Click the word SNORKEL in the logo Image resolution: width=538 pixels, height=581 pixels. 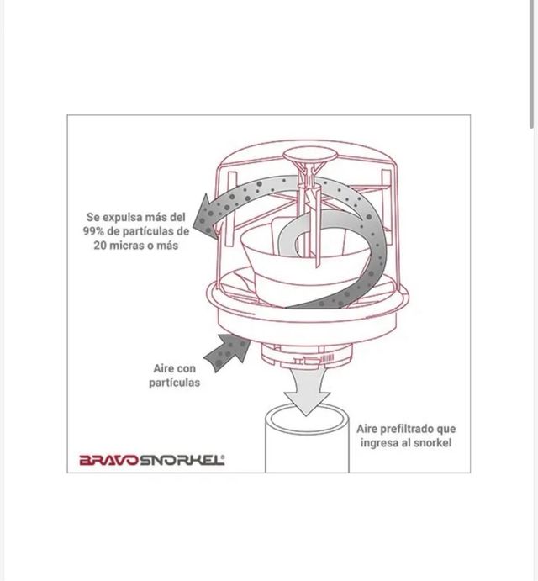point(181,460)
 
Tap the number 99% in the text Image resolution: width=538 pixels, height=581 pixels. point(93,231)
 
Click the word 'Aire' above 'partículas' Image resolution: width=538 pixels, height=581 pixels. point(163,368)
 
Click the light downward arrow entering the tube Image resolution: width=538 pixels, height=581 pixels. point(307,389)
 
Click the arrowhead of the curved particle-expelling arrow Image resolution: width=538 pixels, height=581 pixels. point(206,217)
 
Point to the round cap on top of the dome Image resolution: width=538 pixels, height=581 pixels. point(309,153)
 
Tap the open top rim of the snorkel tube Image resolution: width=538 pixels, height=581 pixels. point(308,419)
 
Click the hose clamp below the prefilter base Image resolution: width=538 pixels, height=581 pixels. point(314,359)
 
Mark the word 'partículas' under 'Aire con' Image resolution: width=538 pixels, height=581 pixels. point(174,383)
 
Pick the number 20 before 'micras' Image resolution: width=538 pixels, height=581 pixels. point(100,246)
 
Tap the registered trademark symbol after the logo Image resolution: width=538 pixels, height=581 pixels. point(223,457)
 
